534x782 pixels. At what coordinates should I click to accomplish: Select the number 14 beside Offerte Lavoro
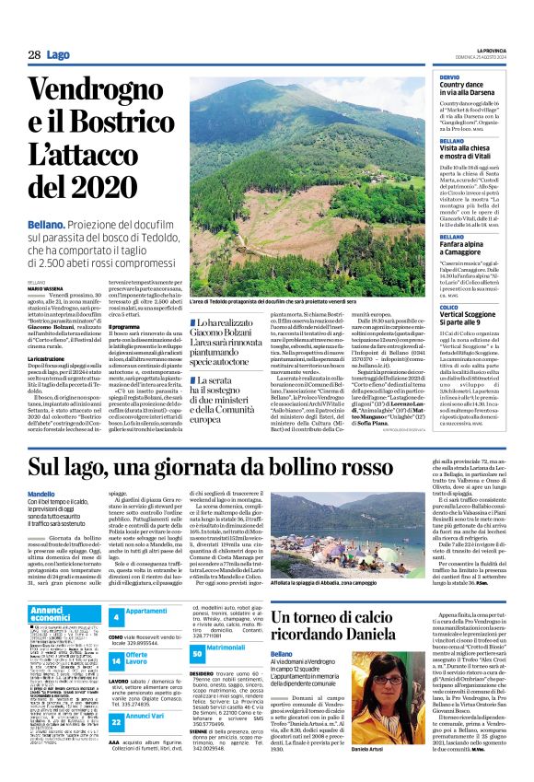[116, 660]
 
